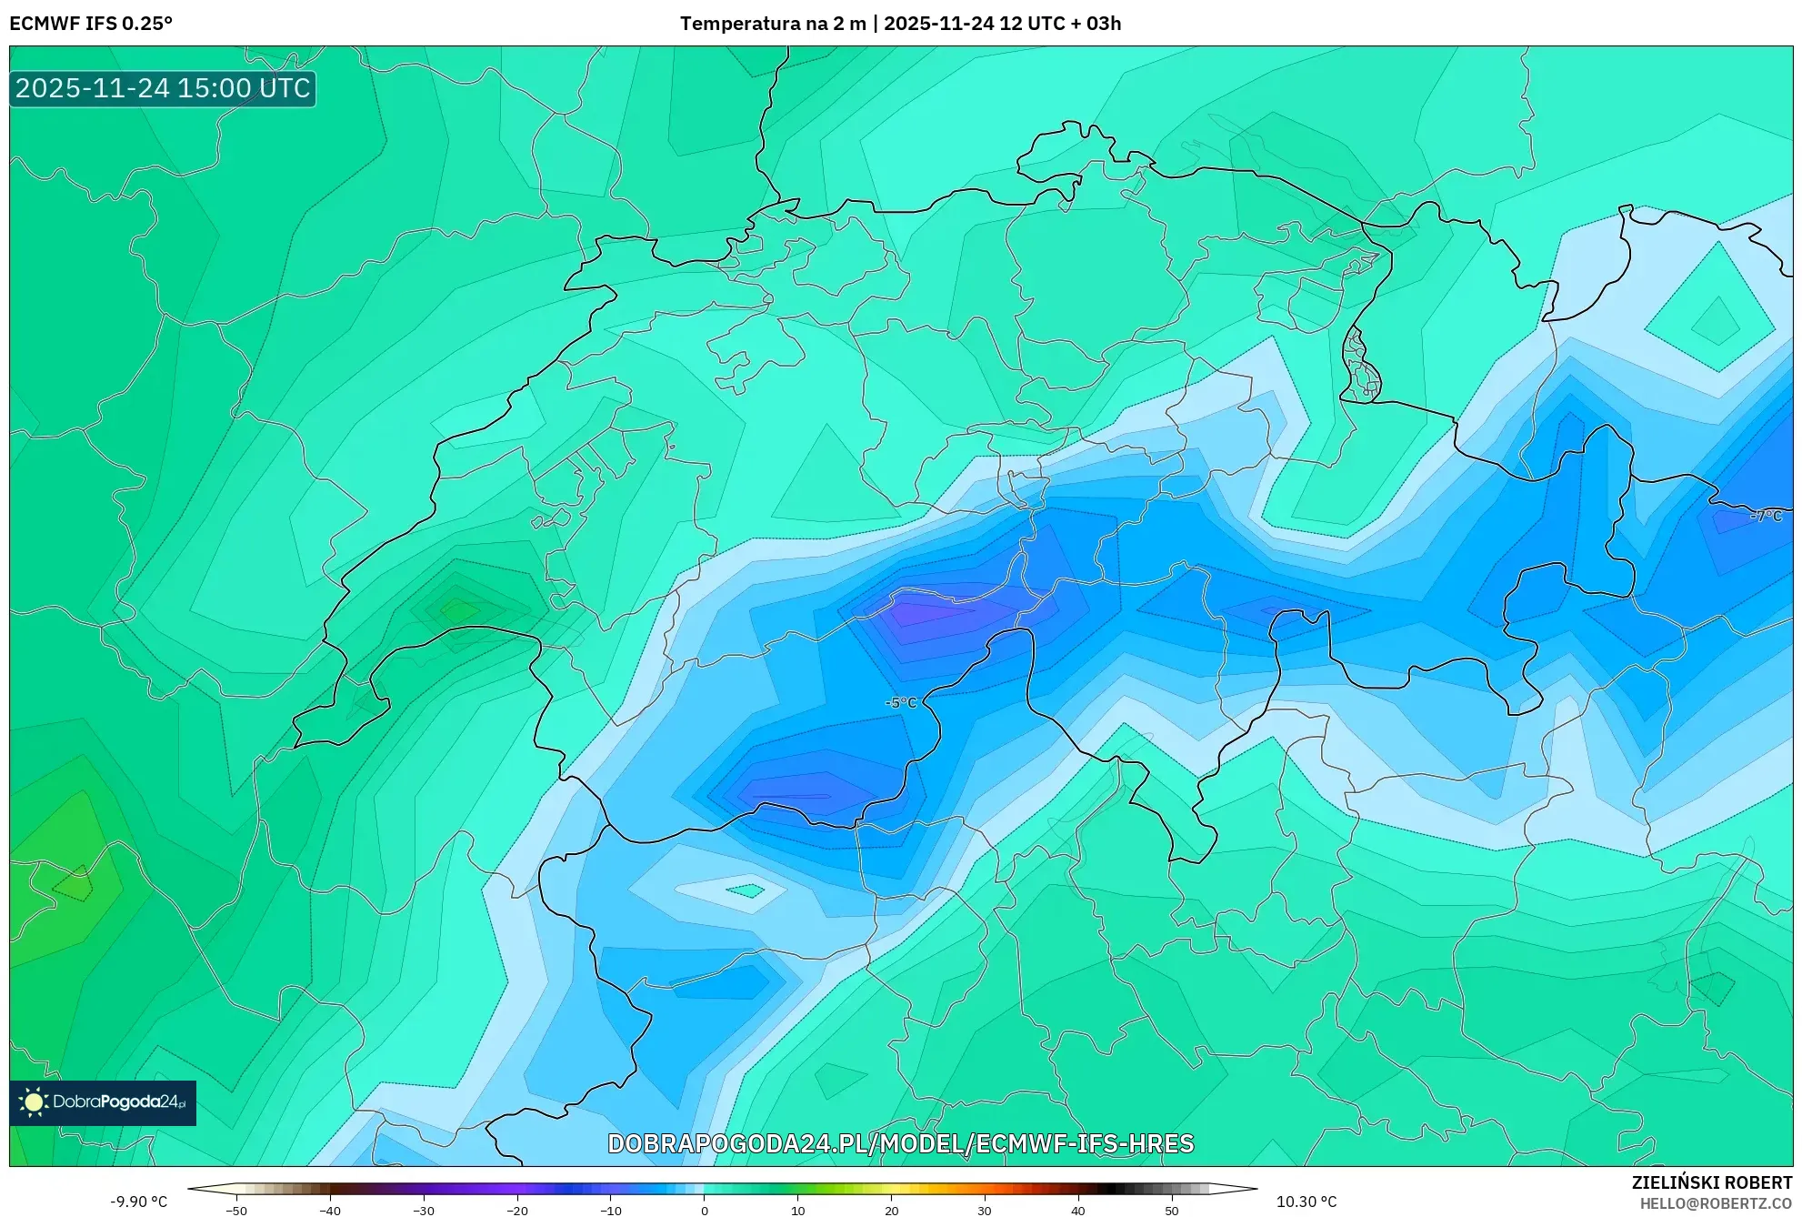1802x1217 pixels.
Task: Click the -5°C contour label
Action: (x=901, y=702)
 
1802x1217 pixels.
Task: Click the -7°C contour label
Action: (x=1766, y=516)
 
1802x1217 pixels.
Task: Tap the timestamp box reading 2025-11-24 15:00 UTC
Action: (x=163, y=88)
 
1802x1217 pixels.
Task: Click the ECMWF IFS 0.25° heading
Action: (x=91, y=24)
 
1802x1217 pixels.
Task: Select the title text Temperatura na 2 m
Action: (x=773, y=24)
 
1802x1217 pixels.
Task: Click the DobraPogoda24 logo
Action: (x=103, y=1102)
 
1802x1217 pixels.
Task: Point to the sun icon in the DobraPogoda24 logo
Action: (x=34, y=1102)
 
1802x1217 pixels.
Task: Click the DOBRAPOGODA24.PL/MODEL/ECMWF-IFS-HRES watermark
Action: (x=900, y=1143)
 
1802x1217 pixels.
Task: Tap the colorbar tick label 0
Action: (x=705, y=1211)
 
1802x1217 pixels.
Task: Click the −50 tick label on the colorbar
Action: (x=236, y=1211)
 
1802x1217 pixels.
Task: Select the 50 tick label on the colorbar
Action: (x=1172, y=1211)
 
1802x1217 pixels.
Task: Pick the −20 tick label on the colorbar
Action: (x=517, y=1211)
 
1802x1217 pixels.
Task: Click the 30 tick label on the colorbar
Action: (x=985, y=1211)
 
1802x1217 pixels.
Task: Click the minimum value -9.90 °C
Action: (x=139, y=1202)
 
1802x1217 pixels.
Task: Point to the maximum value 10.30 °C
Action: (x=1306, y=1202)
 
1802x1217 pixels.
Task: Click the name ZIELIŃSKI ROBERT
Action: (x=1712, y=1182)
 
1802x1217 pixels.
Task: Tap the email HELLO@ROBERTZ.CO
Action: (x=1716, y=1203)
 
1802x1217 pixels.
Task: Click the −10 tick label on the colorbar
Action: (x=611, y=1211)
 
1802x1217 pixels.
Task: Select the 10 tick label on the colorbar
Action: (x=797, y=1211)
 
